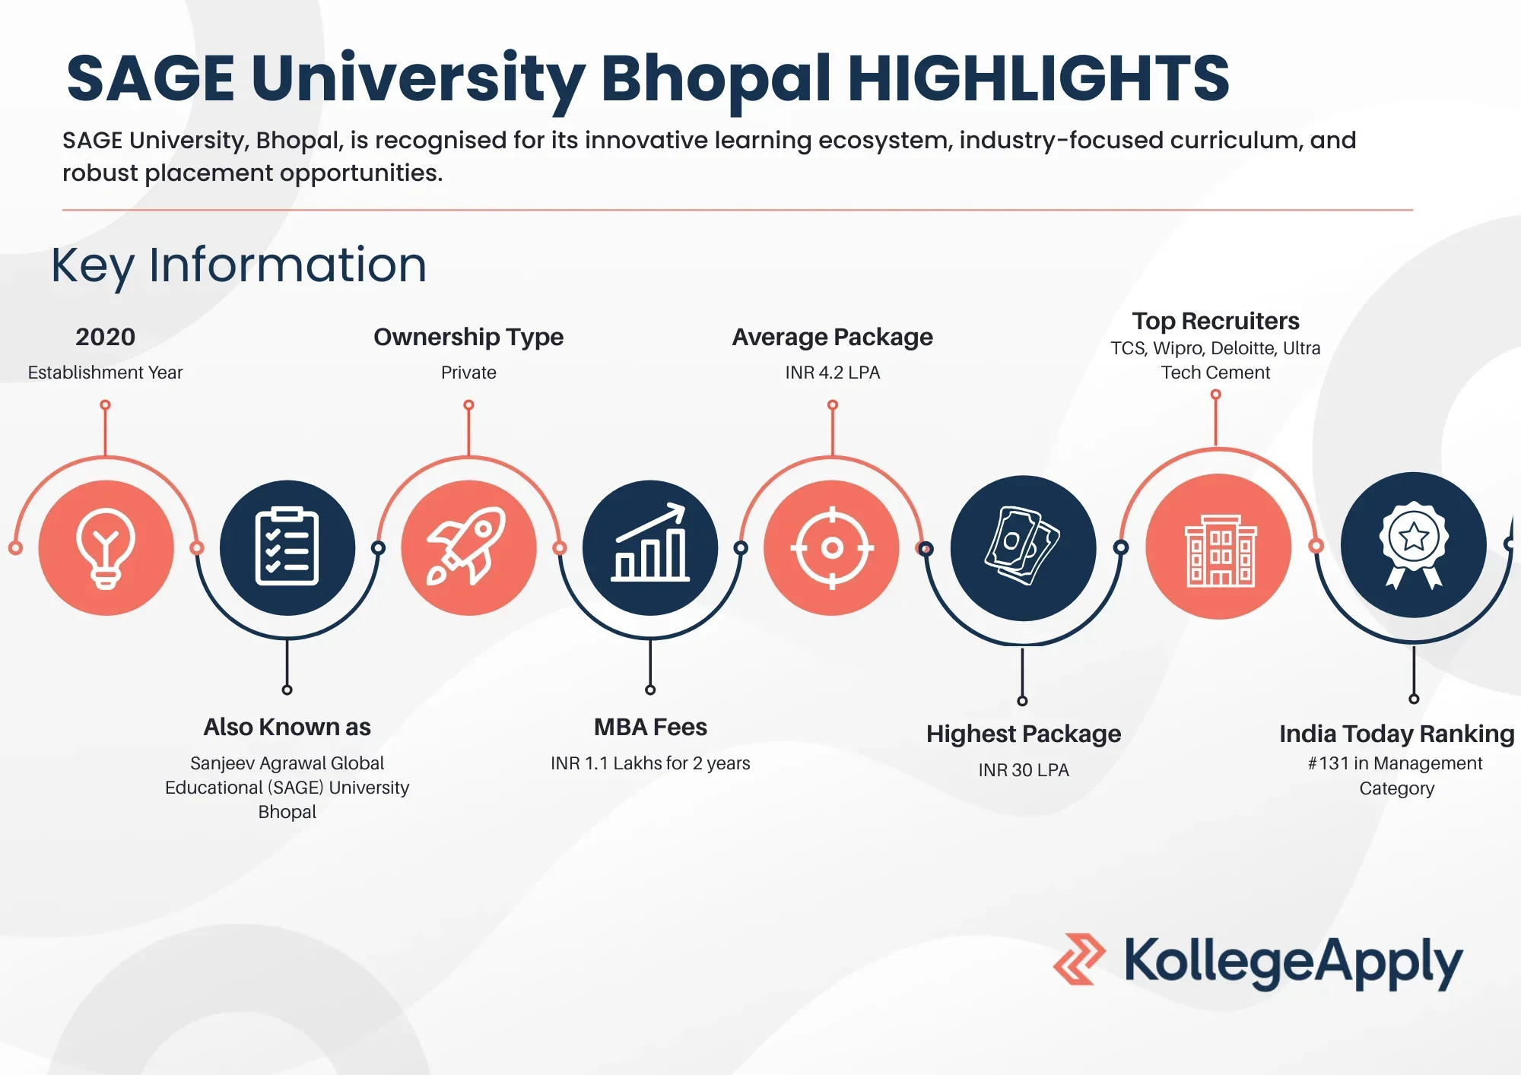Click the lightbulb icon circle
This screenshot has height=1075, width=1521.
pyautogui.click(x=106, y=547)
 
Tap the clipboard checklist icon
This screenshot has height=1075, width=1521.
pyautogui.click(x=287, y=547)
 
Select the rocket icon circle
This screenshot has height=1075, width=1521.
pyautogui.click(x=468, y=547)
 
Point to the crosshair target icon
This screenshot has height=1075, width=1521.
pyautogui.click(x=832, y=547)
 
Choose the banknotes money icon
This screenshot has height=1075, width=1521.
pyautogui.click(x=1023, y=545)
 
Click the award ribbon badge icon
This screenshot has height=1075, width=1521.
pyautogui.click(x=1414, y=544)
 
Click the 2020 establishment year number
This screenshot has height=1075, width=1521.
pyautogui.click(x=106, y=337)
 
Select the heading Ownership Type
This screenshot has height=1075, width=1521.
pyautogui.click(x=468, y=337)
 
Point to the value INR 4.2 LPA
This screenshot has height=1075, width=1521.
pyautogui.click(x=833, y=373)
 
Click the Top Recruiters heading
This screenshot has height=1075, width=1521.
pyautogui.click(x=1215, y=321)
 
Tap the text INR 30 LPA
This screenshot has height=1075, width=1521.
pyautogui.click(x=1024, y=770)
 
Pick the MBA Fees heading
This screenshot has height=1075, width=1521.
pyautogui.click(x=650, y=727)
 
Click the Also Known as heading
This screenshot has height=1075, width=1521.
pyautogui.click(x=287, y=727)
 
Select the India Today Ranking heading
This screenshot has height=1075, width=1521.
pyautogui.click(x=1397, y=734)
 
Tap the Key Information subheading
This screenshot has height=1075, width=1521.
pyautogui.click(x=239, y=265)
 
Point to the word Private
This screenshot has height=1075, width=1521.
pyautogui.click(x=468, y=373)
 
